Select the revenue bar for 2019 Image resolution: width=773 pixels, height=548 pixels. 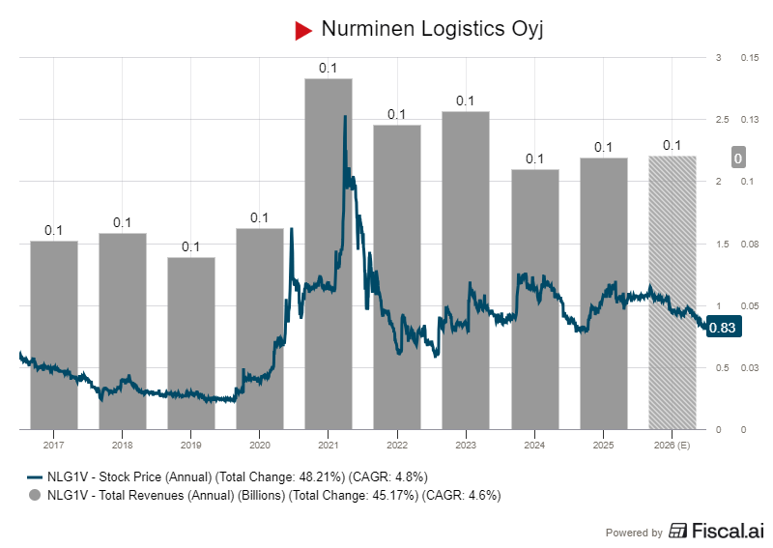(x=190, y=342)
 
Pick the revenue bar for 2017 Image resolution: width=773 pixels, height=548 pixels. (x=53, y=334)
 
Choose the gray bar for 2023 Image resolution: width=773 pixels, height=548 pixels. (x=465, y=270)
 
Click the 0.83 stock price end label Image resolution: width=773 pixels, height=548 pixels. (x=722, y=329)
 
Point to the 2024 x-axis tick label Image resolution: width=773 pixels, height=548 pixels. (x=533, y=446)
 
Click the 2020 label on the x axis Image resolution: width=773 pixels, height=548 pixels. (x=259, y=446)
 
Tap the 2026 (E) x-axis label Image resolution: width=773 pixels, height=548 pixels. (x=672, y=446)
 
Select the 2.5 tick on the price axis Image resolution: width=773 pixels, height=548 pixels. (x=718, y=120)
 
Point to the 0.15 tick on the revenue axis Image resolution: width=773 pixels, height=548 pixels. (x=749, y=58)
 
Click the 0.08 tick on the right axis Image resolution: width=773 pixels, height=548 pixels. (x=749, y=244)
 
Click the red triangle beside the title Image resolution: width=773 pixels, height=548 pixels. (x=303, y=30)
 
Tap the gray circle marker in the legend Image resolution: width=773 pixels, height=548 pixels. (x=35, y=495)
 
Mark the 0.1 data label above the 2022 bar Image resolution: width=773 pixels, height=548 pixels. (x=396, y=114)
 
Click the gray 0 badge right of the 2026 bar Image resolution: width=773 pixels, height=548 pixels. (x=737, y=159)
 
